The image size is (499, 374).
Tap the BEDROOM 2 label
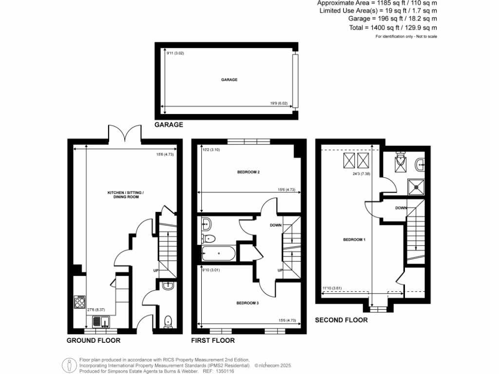pos(248,172)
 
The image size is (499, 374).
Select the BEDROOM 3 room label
pos(248,303)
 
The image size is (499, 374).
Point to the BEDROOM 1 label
pos(354,240)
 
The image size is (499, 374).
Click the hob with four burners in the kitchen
pos(80,303)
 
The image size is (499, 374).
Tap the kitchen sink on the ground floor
pos(100,321)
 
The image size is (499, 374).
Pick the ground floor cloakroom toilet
pos(168,320)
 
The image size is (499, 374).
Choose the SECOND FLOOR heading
pos(341,320)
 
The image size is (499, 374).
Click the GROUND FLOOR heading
pos(93,340)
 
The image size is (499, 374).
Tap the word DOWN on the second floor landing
pos(401,208)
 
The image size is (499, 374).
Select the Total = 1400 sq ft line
pos(393,28)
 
